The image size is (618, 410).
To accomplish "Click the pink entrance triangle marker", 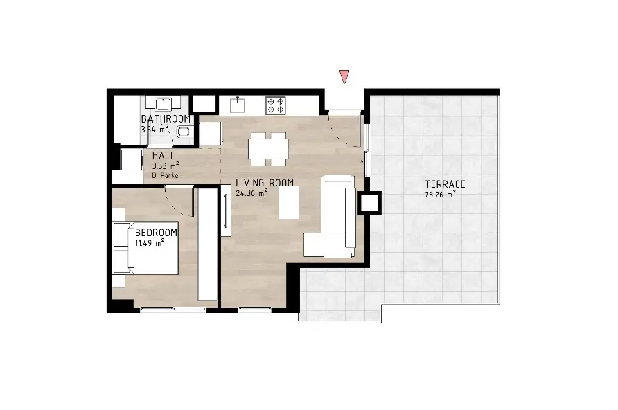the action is (344, 76).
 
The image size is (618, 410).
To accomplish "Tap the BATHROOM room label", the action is (166, 118).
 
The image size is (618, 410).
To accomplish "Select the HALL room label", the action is (164, 156).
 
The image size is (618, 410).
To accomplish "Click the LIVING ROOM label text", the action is (265, 183).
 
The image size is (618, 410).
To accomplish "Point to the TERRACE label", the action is (445, 184).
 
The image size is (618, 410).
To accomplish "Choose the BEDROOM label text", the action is (156, 233).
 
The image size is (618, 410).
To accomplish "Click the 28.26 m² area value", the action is (440, 194).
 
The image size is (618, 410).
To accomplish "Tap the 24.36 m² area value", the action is (251, 193).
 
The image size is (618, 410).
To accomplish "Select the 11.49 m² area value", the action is (150, 242).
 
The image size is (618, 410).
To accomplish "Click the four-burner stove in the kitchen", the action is (276, 105).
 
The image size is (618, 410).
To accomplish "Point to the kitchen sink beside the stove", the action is (238, 105).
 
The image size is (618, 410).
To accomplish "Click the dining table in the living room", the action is (268, 149).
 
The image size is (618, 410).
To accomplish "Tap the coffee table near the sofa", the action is (289, 202).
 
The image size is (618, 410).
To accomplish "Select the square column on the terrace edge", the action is (370, 203).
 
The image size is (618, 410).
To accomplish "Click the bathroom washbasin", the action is (164, 104).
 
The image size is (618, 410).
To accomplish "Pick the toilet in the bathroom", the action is (184, 131).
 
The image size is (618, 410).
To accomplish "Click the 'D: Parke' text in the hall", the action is (165, 175).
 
